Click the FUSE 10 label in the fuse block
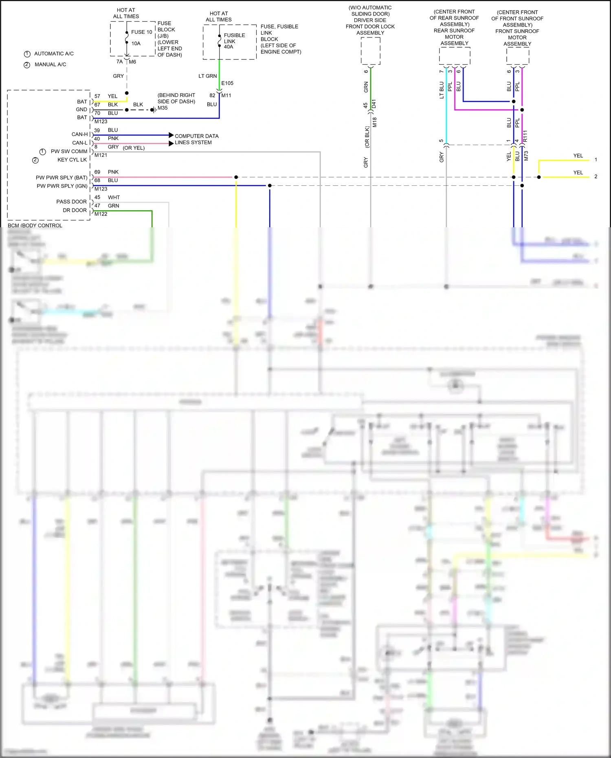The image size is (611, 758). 141,32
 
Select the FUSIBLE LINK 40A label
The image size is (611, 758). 234,41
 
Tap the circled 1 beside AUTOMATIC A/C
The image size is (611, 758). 27,54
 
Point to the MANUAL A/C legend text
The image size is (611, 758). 50,64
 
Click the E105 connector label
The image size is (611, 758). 227,83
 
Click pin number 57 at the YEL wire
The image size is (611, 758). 97,96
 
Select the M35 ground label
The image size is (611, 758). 163,108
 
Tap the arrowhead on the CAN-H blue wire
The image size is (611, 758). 171,135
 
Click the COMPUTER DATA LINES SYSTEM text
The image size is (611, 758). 196,139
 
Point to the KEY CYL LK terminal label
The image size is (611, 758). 72,160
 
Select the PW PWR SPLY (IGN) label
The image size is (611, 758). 62,186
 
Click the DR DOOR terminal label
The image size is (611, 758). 75,210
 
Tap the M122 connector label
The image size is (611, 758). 101,214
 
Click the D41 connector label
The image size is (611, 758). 374,103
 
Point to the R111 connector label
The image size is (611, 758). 525,136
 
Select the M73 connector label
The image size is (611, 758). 526,156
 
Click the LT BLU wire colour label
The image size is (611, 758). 442,90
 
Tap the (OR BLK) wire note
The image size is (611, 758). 367,136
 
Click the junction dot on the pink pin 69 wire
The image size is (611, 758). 236,177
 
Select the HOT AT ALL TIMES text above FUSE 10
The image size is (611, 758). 126,13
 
